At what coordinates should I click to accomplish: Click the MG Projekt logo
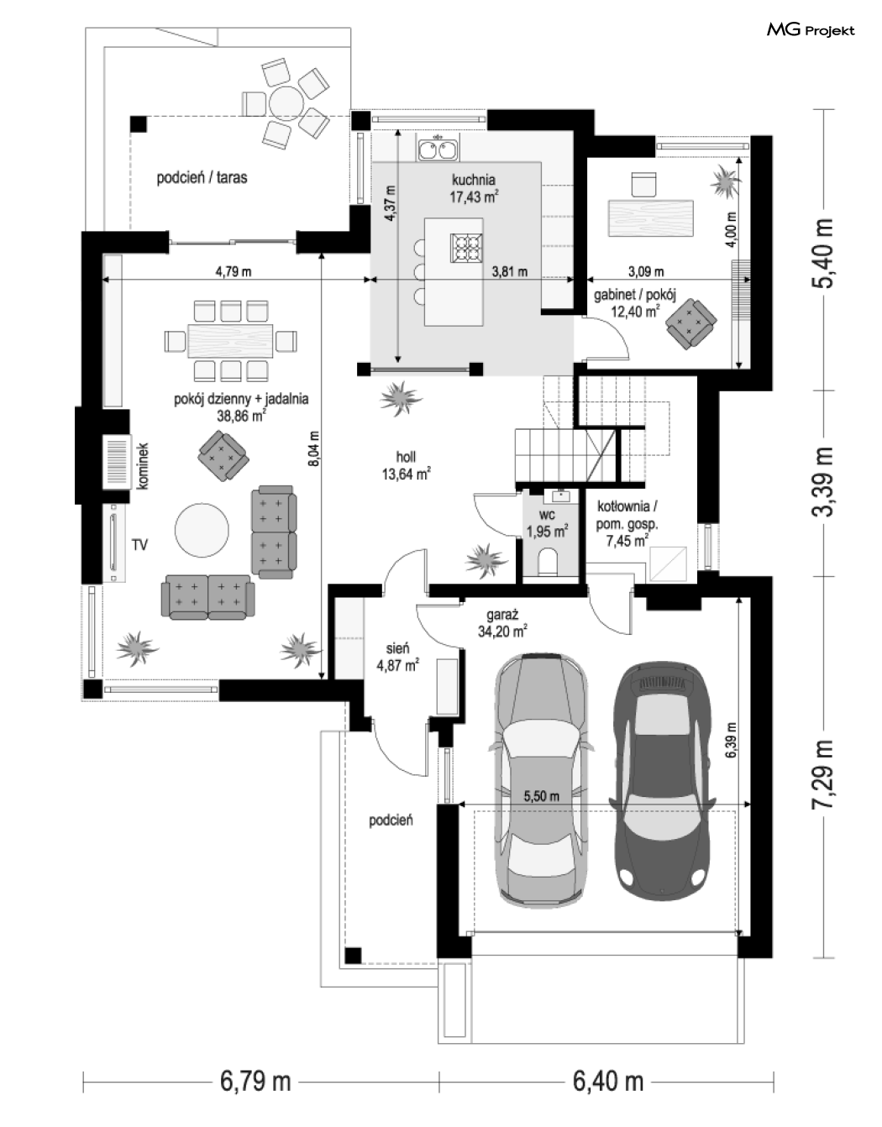(811, 30)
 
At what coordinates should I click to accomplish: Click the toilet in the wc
(549, 563)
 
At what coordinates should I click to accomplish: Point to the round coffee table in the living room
(202, 530)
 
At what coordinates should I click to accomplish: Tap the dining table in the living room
(231, 341)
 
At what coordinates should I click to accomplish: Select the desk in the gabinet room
(651, 218)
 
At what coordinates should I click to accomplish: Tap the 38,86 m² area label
(242, 416)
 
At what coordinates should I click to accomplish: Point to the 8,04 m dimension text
(314, 449)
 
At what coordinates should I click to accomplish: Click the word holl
(406, 457)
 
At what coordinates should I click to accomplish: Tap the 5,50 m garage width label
(541, 795)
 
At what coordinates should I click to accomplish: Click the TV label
(139, 544)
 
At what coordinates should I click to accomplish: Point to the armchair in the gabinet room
(691, 323)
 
